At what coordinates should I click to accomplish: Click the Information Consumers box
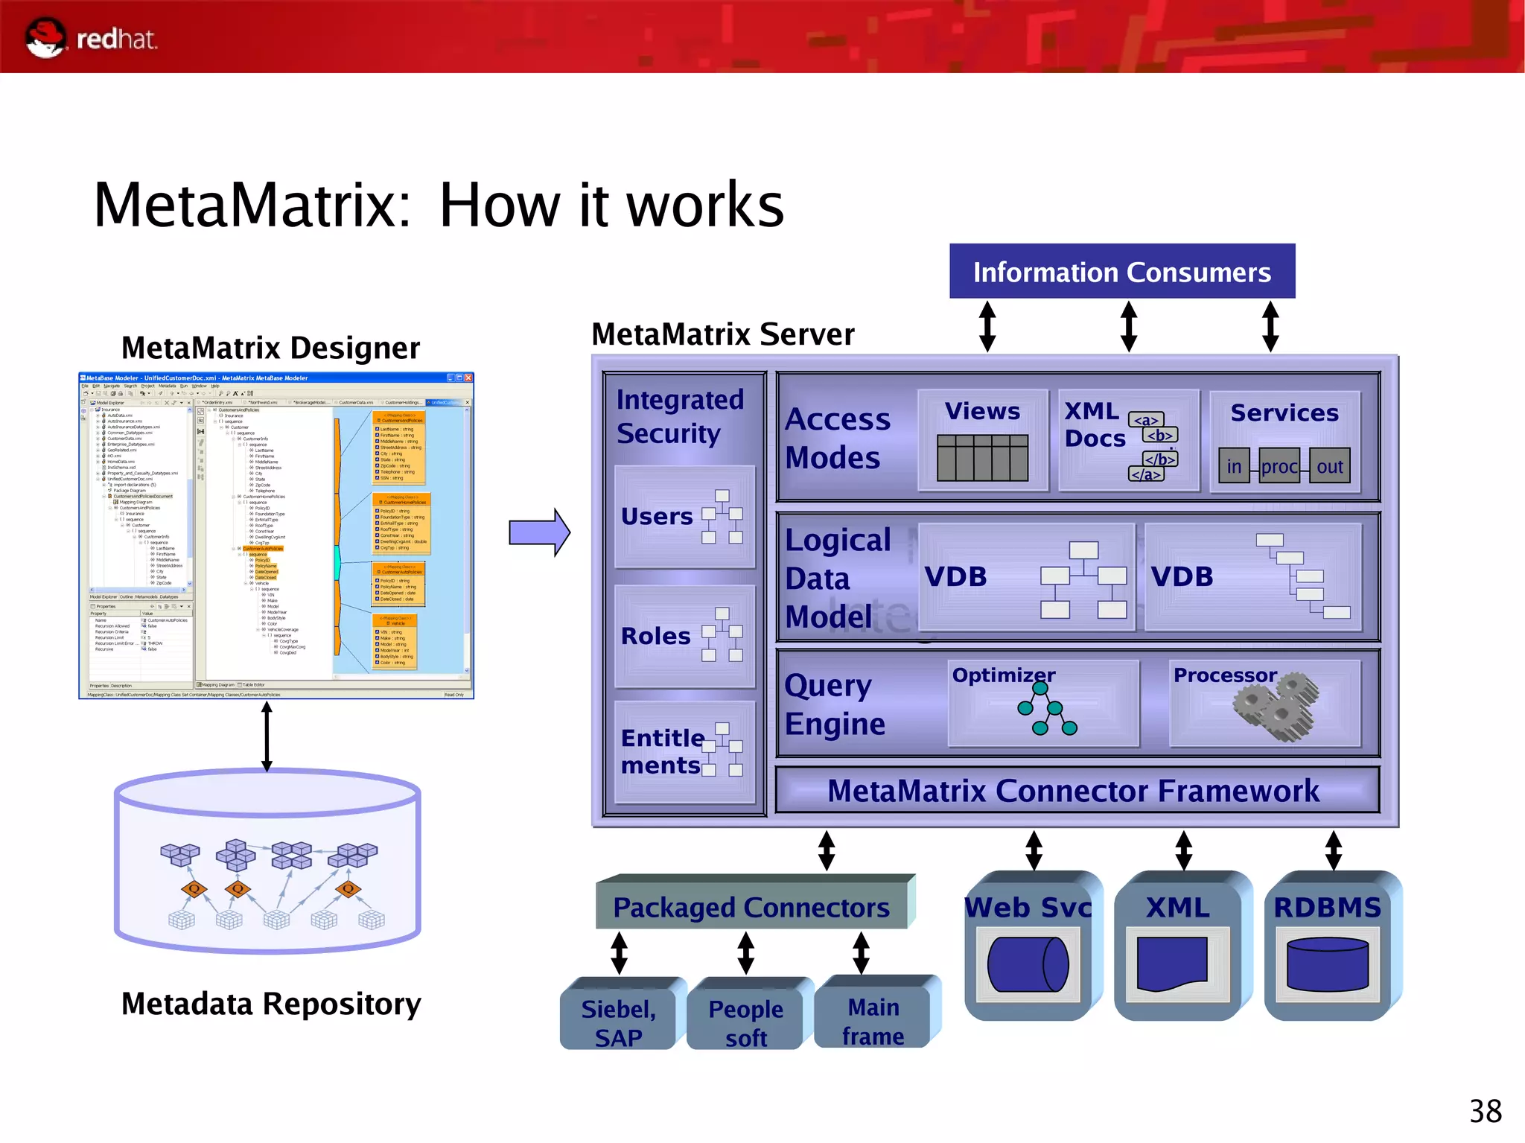[x=1121, y=272]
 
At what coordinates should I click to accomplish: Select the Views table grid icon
[x=982, y=458]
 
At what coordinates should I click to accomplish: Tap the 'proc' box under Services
[x=1279, y=466]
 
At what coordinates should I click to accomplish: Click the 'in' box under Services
[x=1234, y=466]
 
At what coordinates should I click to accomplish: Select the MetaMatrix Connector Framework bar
[x=1076, y=791]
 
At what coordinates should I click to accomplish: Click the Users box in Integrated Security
[x=684, y=517]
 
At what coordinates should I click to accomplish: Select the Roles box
[x=684, y=636]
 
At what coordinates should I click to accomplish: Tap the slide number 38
[x=1485, y=1112]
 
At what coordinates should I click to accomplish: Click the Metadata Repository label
[x=271, y=1004]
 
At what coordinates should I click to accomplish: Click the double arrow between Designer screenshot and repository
[x=267, y=736]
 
